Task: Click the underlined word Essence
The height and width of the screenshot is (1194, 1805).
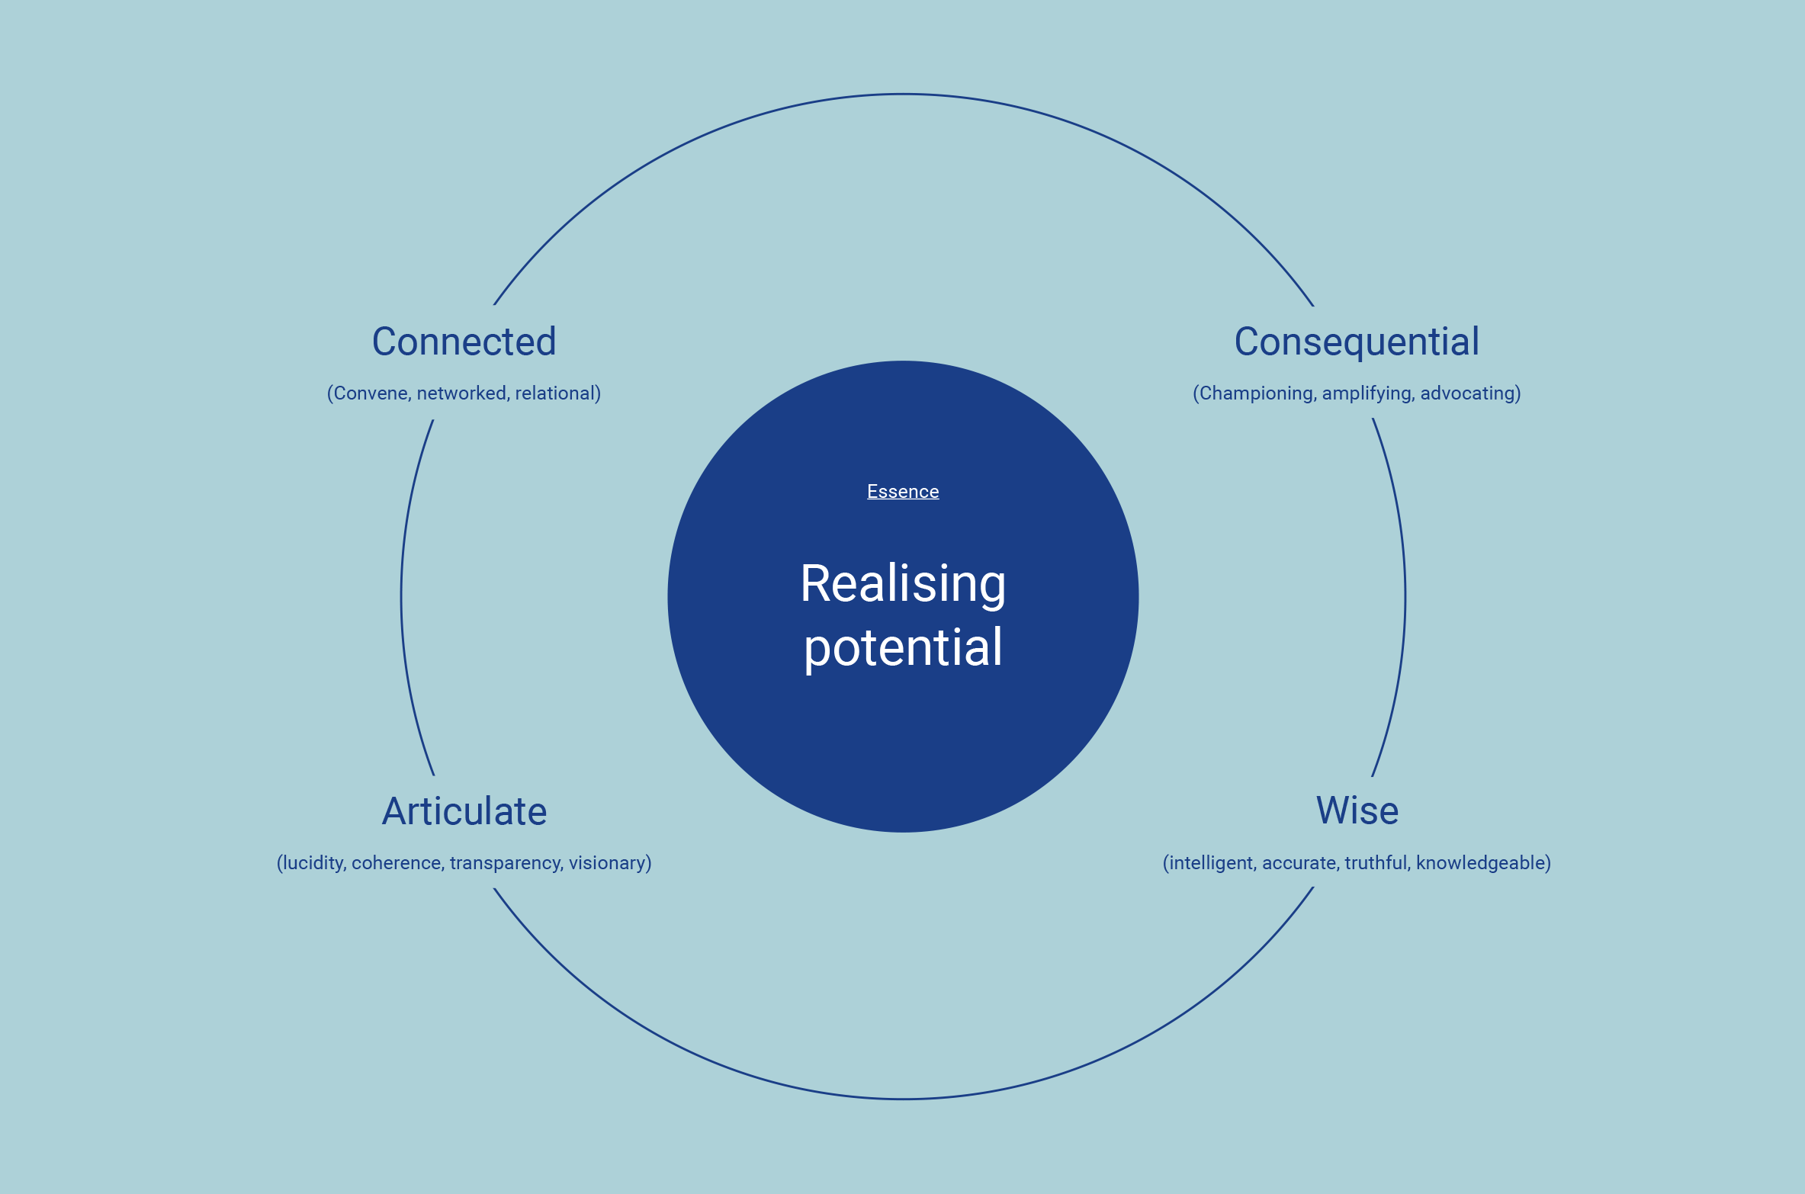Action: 903,492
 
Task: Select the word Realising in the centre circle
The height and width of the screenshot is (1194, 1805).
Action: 903,584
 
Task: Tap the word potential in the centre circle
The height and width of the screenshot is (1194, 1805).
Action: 903,648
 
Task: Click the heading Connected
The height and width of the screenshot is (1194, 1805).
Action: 464,342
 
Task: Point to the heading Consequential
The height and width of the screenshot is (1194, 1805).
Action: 1357,342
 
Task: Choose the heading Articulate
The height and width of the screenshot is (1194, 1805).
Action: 464,811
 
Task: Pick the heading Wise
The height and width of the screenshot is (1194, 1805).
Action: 1357,810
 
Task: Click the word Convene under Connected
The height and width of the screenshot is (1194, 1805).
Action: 371,393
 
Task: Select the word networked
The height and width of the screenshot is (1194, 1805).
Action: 462,393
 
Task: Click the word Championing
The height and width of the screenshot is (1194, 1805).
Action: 1255,393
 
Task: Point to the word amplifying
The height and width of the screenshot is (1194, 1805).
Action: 1367,393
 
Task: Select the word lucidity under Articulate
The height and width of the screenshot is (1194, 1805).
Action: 313,863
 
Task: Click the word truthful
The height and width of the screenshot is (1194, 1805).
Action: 1377,863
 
